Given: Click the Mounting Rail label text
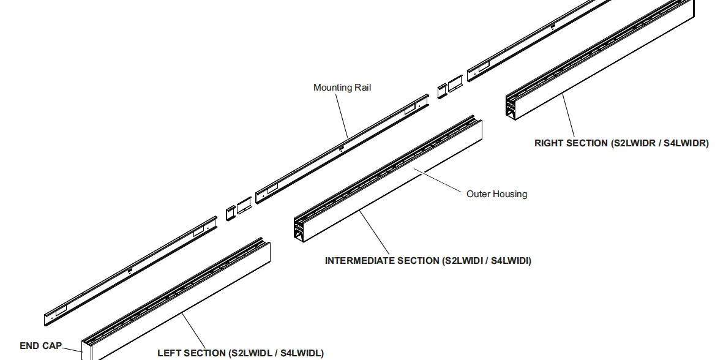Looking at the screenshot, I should coord(342,88).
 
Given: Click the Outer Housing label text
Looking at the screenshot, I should coord(496,194).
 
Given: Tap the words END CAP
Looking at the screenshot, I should coord(40,346).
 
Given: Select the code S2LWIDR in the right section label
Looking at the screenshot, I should coord(634,143).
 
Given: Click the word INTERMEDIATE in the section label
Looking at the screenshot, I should coord(360,261).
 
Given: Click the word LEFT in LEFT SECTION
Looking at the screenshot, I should coord(169,353).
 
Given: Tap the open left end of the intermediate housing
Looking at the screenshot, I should coord(300,228).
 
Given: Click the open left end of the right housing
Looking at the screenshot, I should coord(511,106).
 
